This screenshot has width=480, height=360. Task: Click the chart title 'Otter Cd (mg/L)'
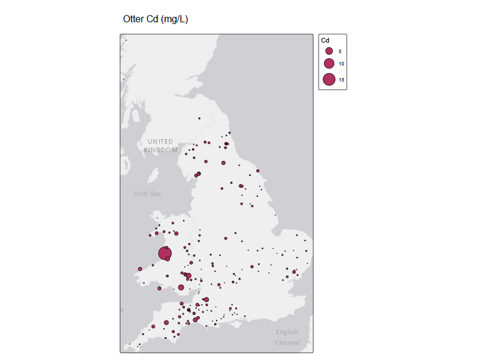coord(155,19)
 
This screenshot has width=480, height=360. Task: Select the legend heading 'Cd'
coord(325,40)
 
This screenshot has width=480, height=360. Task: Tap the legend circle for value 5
coord(329,51)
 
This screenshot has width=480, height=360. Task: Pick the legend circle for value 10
coord(329,64)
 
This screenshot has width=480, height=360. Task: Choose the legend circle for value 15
coord(329,79)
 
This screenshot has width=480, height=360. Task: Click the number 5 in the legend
coord(340,52)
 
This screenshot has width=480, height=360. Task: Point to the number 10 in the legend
coord(341,64)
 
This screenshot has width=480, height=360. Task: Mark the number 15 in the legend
coord(341,79)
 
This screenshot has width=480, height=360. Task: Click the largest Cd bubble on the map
coord(165,253)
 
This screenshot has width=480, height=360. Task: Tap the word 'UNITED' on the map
coord(160,142)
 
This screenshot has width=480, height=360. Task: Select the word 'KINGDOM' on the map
coord(161,150)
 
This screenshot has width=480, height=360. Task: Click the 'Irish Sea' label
coord(148,194)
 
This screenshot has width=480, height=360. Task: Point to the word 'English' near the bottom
coord(287,332)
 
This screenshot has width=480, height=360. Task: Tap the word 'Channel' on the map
coord(287,343)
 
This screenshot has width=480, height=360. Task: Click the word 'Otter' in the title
coord(133,19)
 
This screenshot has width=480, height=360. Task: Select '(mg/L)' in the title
coord(174,19)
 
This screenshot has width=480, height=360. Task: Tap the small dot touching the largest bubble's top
coord(166,247)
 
